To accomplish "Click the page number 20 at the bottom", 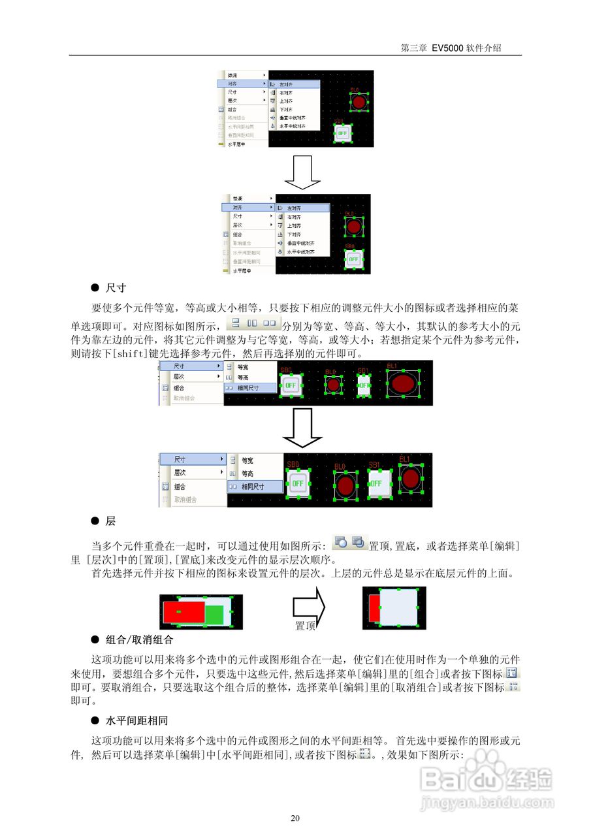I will click(295, 818).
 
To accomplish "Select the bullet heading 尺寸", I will click(116, 287).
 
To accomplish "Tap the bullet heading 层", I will click(110, 521).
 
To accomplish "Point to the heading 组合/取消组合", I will click(139, 639).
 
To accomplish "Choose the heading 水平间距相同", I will click(136, 721).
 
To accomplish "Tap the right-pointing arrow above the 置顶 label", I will click(308, 605).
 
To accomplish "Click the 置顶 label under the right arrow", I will click(306, 626).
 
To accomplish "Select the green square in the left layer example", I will click(214, 614).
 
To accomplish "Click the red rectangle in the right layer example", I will click(374, 608).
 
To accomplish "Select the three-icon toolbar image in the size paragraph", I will click(253, 323).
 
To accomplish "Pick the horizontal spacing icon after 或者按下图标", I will click(364, 754).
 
